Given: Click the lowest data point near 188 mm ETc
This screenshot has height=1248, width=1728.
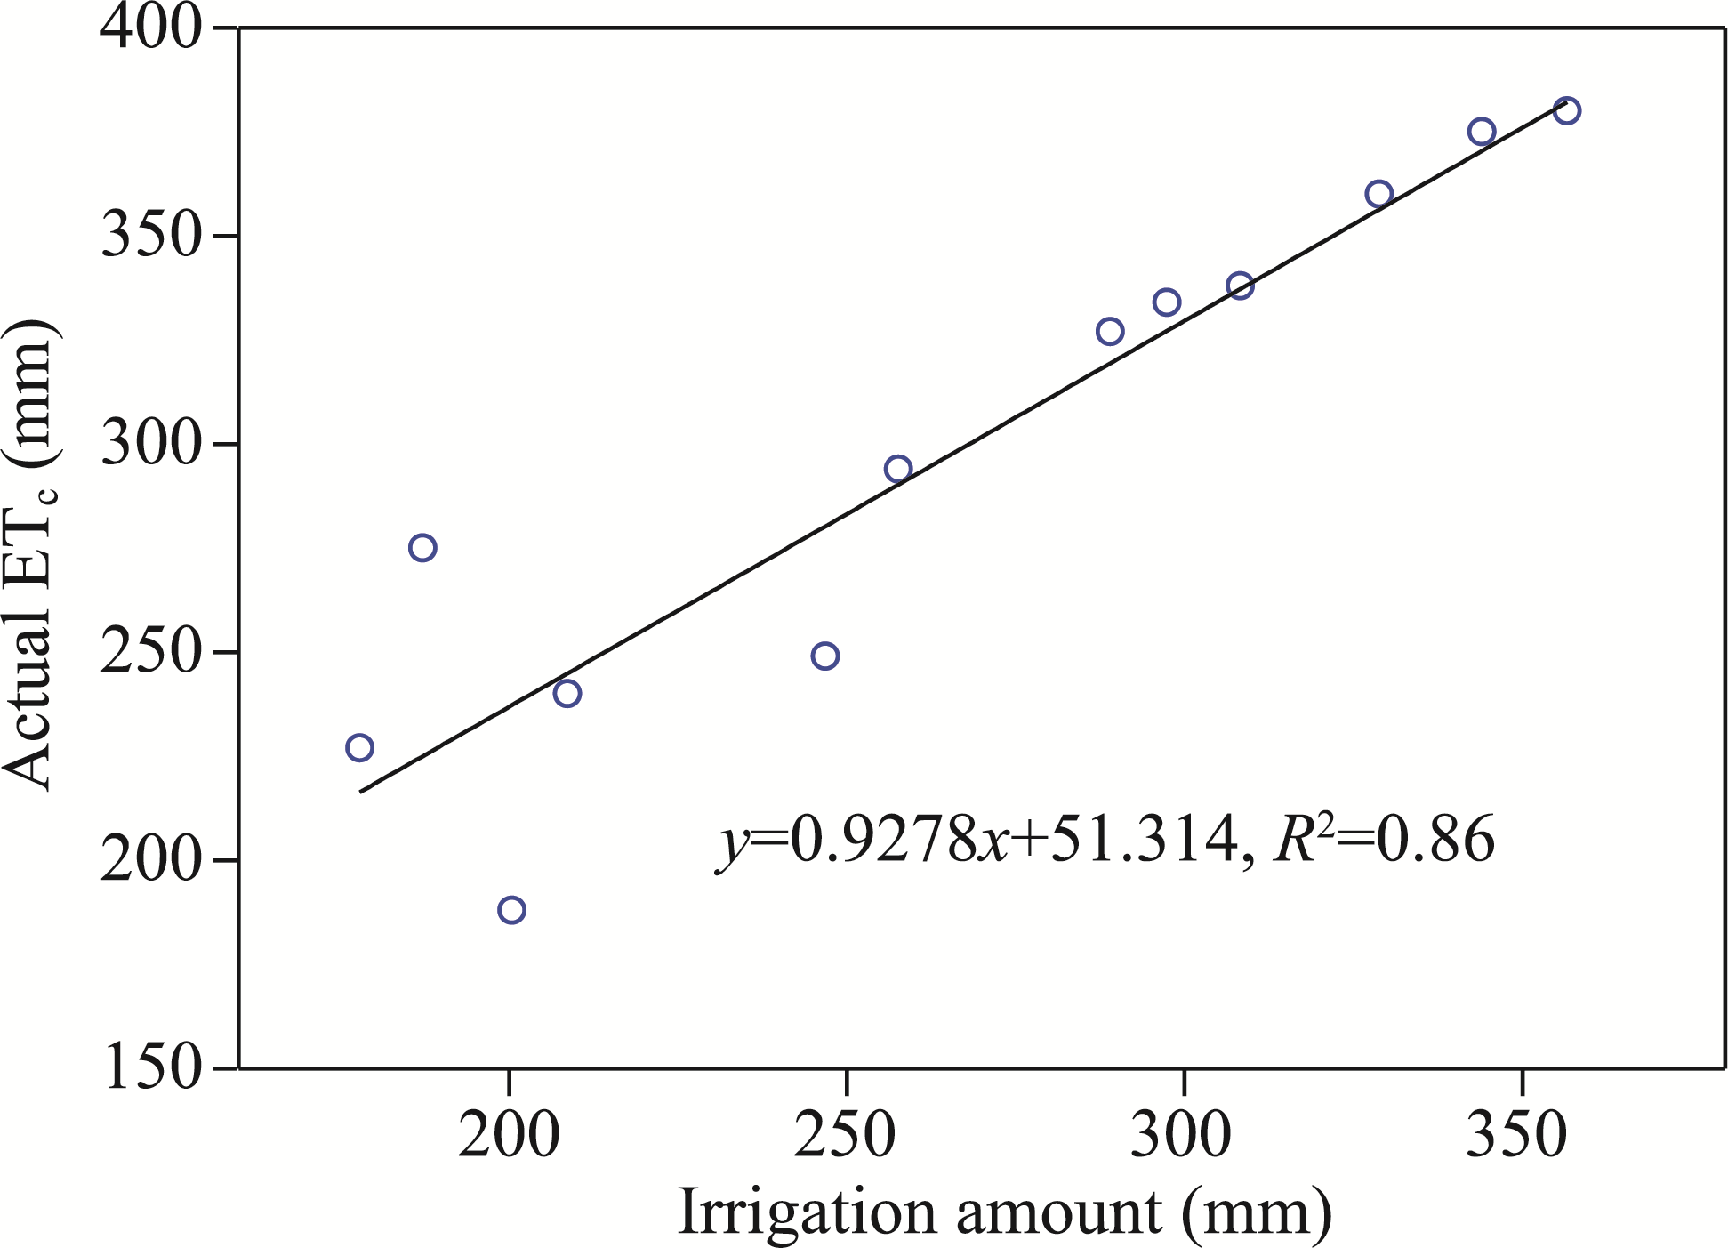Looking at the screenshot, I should pos(511,910).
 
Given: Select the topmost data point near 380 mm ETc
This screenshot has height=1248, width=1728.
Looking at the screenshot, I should pos(1566,111).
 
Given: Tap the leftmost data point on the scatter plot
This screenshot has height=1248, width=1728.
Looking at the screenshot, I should pos(359,747).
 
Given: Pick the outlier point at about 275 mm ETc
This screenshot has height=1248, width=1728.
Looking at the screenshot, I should pos(422,548).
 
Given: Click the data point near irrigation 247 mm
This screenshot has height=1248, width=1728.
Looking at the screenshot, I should pos(825,656).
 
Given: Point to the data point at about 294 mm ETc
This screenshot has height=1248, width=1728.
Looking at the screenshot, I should pos(898,469).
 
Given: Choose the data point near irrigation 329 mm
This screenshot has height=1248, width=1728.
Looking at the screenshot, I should pos(1378,194).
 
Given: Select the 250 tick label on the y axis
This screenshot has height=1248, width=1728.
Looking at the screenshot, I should pos(152,653).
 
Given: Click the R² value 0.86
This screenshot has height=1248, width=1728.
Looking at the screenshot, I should pos(1435,840).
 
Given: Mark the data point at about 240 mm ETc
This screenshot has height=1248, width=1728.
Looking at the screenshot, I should pos(567,693).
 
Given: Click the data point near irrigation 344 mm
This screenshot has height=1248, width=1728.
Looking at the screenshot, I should pos(1482,132).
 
